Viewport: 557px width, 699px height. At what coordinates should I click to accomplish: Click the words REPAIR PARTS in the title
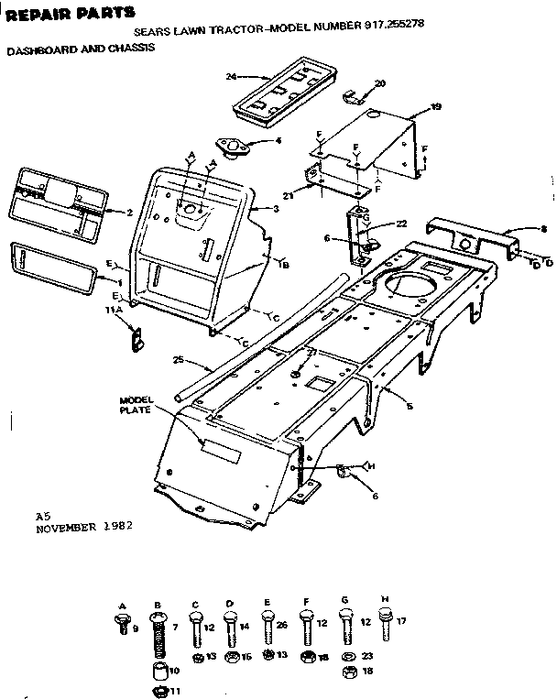(x=71, y=12)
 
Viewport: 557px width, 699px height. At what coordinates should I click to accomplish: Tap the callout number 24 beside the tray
(x=231, y=76)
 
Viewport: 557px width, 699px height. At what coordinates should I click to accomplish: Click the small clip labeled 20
(x=353, y=95)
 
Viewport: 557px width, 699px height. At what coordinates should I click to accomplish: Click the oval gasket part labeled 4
(x=230, y=147)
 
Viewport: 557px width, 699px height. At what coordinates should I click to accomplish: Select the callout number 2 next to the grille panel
(x=130, y=213)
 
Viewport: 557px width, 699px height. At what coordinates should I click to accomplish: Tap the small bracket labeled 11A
(x=137, y=339)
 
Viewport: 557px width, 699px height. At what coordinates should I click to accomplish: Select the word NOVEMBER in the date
(x=68, y=529)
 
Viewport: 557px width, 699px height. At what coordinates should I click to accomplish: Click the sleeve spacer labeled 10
(x=160, y=673)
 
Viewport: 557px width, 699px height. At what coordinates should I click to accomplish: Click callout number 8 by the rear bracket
(x=543, y=229)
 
